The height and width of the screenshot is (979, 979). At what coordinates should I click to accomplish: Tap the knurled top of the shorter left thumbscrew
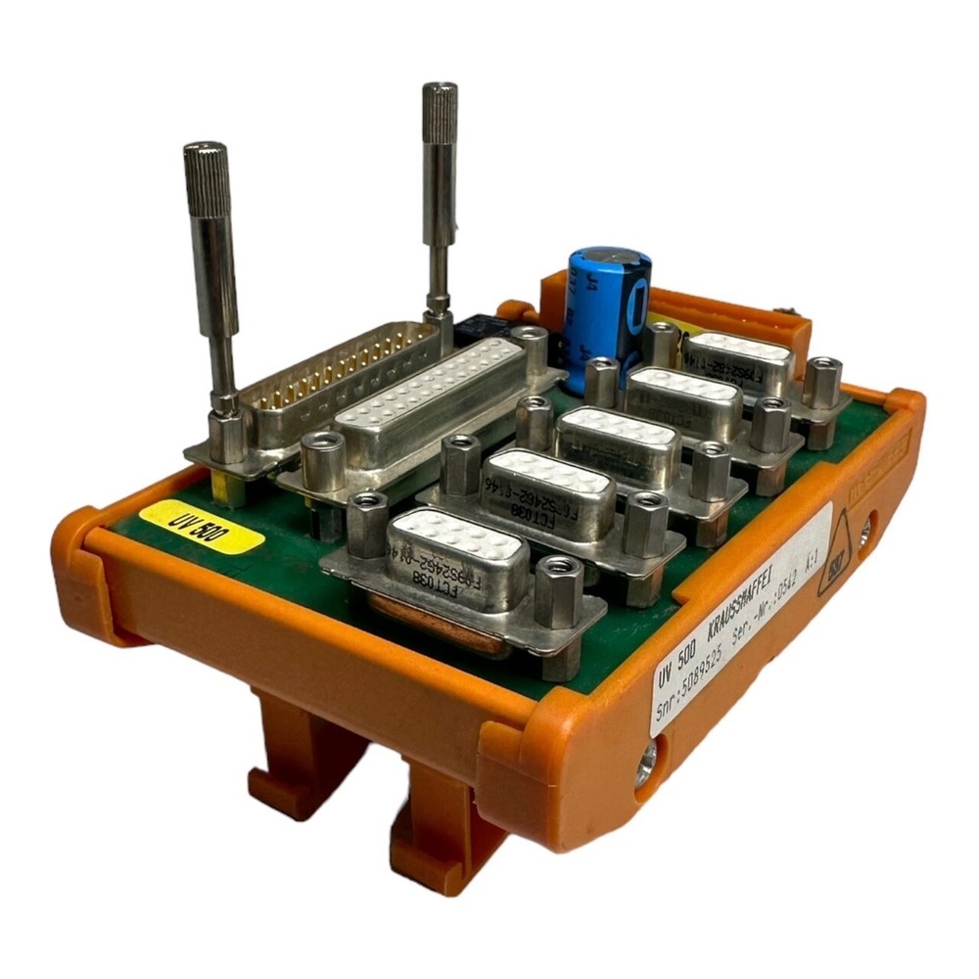[206, 166]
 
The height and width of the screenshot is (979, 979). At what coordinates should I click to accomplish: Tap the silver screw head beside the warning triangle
[862, 534]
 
